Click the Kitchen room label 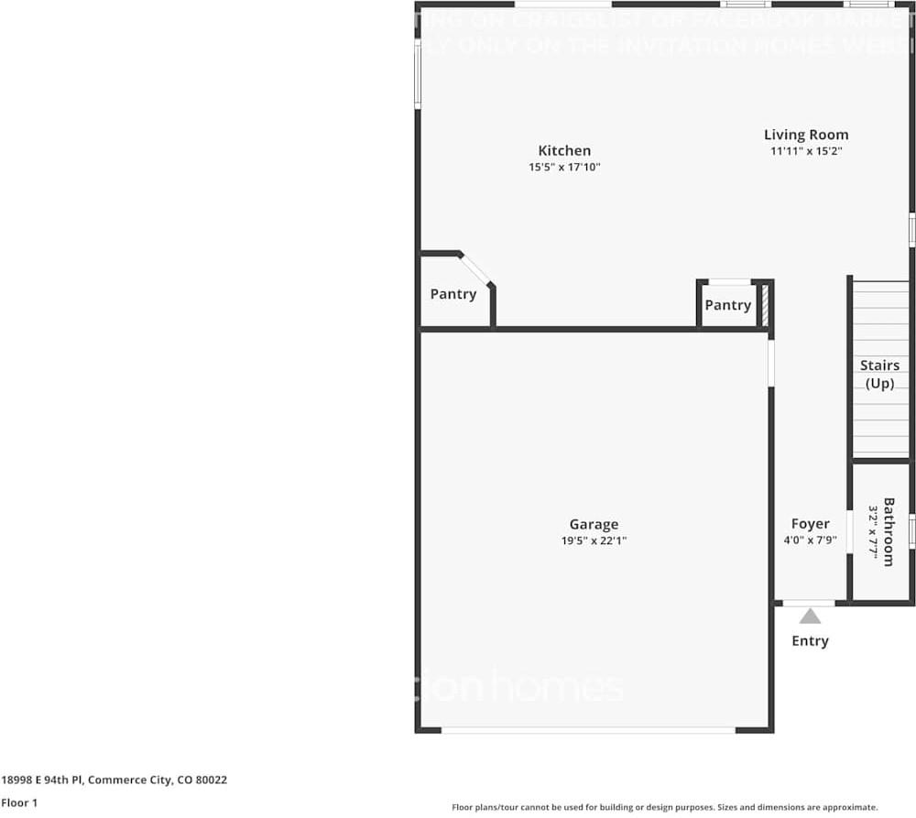(564, 151)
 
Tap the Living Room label (806, 135)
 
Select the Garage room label (594, 525)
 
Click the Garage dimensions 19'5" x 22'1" (594, 540)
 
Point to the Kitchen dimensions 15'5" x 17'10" (564, 168)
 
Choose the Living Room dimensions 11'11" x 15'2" (806, 151)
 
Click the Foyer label (811, 525)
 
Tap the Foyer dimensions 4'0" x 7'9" (811, 540)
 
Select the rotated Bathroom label (888, 531)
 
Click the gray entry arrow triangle (810, 616)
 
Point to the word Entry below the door (810, 641)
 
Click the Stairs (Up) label (879, 375)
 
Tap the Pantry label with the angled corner (453, 294)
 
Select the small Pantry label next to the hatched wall (728, 305)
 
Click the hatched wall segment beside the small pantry (765, 305)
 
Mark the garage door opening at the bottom (588, 730)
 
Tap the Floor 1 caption (19, 803)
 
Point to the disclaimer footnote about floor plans (664, 807)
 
